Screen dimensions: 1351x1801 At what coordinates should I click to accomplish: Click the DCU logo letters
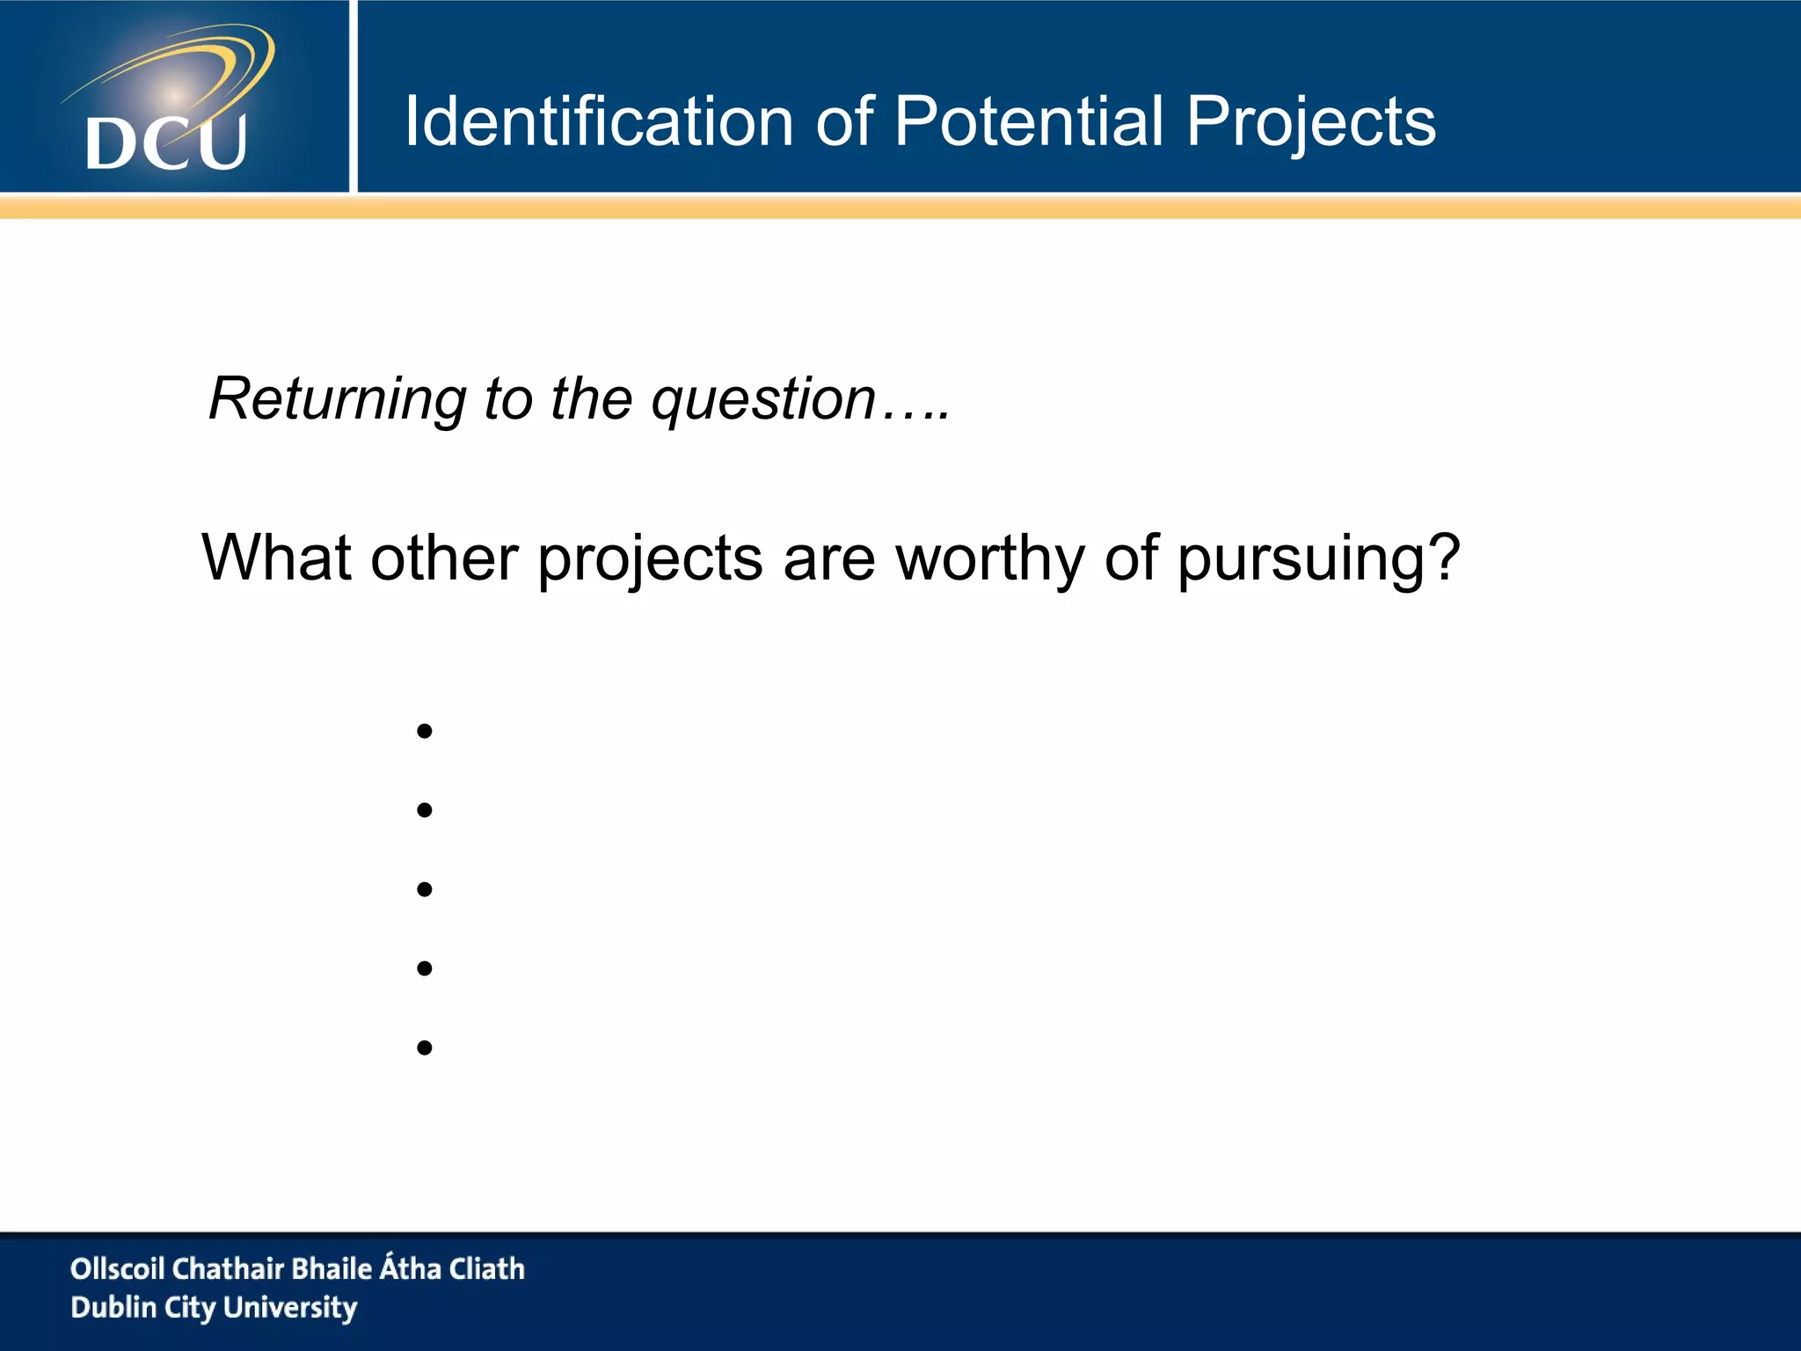tap(166, 143)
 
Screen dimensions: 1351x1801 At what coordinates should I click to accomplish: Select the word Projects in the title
tap(1310, 123)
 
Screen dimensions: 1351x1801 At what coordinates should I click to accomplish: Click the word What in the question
tap(276, 558)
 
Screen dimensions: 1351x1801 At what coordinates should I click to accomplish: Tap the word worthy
tap(989, 559)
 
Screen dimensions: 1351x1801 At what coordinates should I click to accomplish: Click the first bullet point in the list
tap(425, 731)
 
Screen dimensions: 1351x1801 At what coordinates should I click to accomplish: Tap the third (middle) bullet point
tap(425, 889)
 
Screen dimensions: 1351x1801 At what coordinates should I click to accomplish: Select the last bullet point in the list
tap(425, 1048)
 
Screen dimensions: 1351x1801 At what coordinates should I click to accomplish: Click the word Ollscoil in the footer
tap(117, 1268)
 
